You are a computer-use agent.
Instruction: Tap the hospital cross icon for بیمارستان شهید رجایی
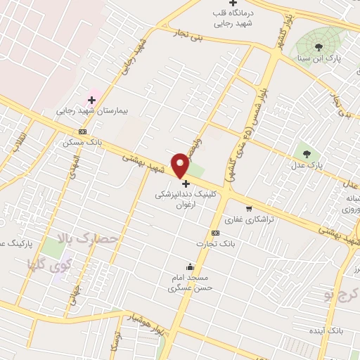[91, 100]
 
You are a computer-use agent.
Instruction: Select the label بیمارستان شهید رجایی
[89, 111]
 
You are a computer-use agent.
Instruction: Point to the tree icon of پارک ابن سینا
[319, 46]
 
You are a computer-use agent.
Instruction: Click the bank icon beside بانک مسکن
[84, 131]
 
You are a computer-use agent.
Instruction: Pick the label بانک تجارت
[215, 243]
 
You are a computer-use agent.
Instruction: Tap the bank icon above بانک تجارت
[215, 233]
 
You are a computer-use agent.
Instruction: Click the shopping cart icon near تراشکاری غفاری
[249, 208]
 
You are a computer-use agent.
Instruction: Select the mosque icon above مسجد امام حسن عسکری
[190, 266]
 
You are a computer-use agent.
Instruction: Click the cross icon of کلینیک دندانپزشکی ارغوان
[186, 184]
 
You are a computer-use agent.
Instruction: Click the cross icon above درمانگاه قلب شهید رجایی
[233, 4]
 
